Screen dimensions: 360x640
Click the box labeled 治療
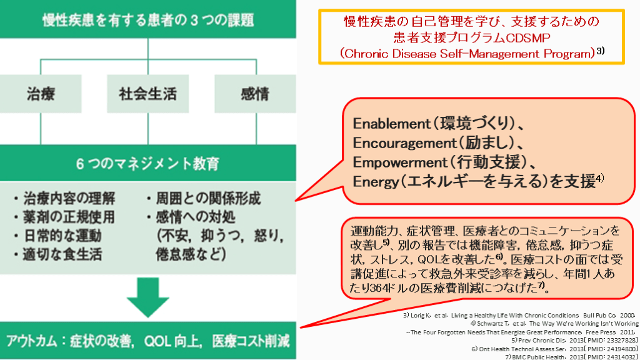coord(41,94)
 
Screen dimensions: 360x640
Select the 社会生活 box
coord(147,94)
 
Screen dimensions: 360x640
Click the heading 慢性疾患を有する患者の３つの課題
coord(148,19)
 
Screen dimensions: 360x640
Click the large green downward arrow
coord(148,298)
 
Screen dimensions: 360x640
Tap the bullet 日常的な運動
coord(57,236)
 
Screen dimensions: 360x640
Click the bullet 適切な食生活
coord(57,254)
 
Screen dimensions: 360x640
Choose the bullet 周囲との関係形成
coord(202,199)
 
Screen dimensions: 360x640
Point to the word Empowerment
coord(396,162)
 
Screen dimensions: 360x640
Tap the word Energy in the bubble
coord(372,182)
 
